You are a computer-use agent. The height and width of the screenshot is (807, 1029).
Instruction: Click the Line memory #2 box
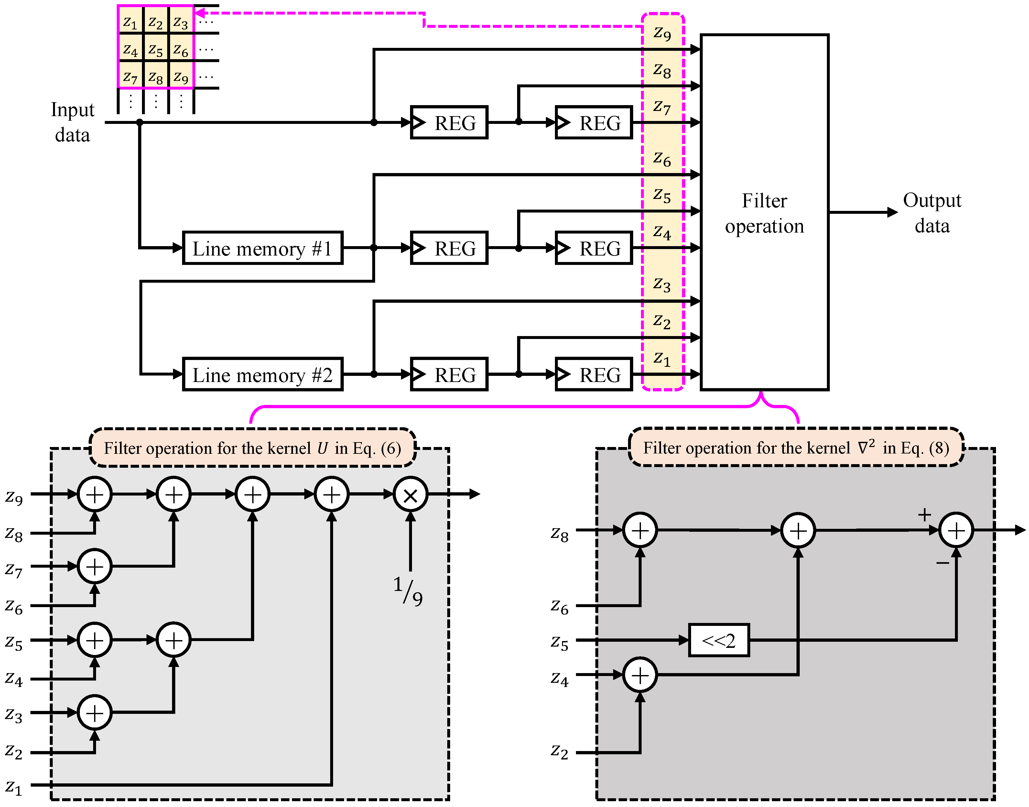(262, 375)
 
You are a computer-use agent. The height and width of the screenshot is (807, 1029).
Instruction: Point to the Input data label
(72, 122)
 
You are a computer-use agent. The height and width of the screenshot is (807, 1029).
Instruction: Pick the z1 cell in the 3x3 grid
(130, 21)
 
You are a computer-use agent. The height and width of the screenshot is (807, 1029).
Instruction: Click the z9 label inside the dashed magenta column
(662, 33)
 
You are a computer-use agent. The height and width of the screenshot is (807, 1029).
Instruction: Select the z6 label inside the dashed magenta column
(662, 159)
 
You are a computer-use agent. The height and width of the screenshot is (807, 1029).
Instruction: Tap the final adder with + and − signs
(956, 530)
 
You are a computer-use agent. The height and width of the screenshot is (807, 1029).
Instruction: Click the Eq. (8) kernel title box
(796, 447)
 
